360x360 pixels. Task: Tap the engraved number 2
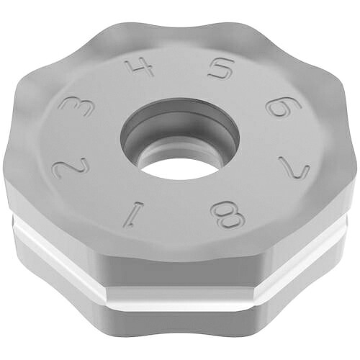(x=70, y=167)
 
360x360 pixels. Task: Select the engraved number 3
(x=76, y=107)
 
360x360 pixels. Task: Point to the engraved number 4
(x=140, y=67)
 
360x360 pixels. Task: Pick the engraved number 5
(x=221, y=68)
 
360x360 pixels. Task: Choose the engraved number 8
(x=227, y=215)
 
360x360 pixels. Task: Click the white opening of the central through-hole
(x=181, y=168)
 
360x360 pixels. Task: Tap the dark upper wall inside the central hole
(x=180, y=113)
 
